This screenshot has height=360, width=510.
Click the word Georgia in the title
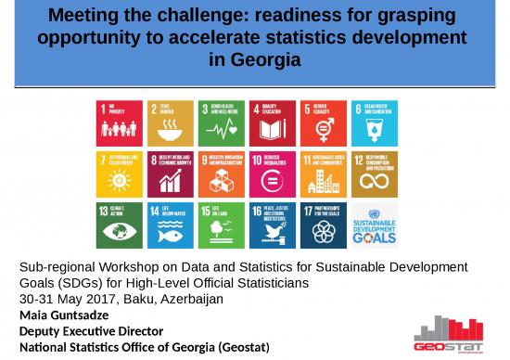click(267, 59)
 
